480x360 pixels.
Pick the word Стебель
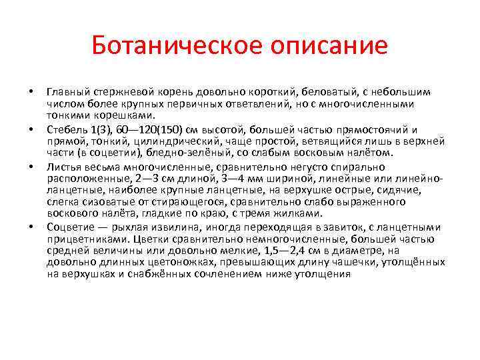point(65,129)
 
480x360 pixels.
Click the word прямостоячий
point(375,129)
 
